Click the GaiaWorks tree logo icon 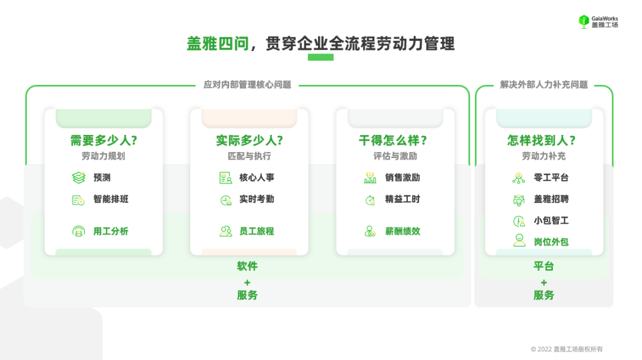coord(584,21)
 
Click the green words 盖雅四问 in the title coord(218,44)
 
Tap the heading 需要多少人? coord(103,141)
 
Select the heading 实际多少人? coord(249,141)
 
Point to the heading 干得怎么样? coord(395,141)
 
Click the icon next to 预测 coord(78,178)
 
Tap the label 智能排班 coord(111,199)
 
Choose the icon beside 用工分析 coord(78,231)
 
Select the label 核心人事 coord(257,178)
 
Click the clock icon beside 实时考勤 coord(225,200)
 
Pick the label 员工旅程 coord(257,231)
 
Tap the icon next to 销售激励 coord(370,178)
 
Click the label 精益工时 coord(402,199)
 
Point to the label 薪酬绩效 coord(402,231)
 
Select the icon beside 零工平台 coord(518,178)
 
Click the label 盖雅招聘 coord(551,199)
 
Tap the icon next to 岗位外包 coord(519,241)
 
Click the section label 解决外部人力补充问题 coord(544,85)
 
